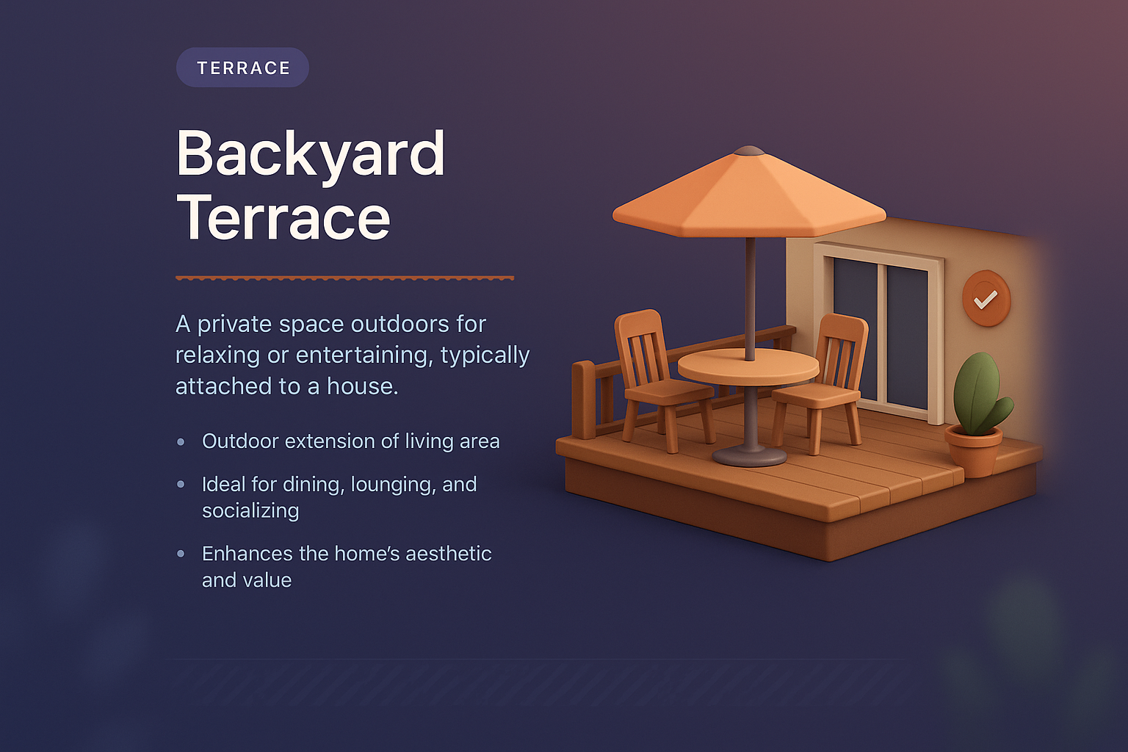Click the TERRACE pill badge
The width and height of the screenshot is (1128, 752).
point(242,68)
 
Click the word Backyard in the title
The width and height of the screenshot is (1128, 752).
point(311,154)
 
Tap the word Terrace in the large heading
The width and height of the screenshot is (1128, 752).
point(283,218)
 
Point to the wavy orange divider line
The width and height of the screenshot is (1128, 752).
point(344,278)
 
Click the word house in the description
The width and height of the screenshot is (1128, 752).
point(359,386)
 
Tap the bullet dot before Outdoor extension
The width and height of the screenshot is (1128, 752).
point(181,442)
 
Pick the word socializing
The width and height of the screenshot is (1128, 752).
point(250,511)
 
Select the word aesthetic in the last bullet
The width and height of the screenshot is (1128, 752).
point(448,554)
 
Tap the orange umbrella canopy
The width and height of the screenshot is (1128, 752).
point(749,198)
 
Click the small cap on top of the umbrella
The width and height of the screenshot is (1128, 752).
point(750,151)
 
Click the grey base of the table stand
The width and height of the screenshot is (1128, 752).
point(749,456)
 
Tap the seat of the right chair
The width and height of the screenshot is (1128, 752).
point(815,397)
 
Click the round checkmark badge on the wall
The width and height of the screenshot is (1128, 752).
point(986,298)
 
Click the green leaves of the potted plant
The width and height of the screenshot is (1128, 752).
point(978,393)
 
